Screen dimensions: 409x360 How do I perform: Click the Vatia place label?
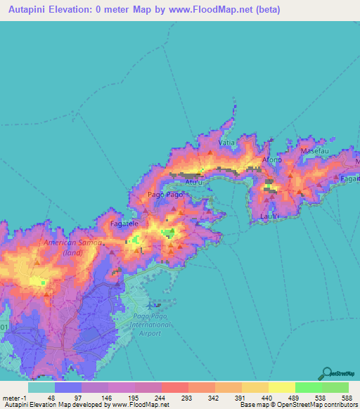[x=226, y=143]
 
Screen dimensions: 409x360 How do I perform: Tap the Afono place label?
[x=272, y=160]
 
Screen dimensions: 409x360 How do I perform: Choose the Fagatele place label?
[x=125, y=223]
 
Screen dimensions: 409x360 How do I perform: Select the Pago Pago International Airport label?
[x=151, y=325]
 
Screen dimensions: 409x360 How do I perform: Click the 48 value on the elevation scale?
[x=51, y=398]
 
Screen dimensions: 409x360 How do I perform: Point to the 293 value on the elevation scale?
[x=185, y=398]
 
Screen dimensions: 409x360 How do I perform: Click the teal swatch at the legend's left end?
[x=41, y=387]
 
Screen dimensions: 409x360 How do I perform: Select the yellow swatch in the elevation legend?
[x=281, y=387]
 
